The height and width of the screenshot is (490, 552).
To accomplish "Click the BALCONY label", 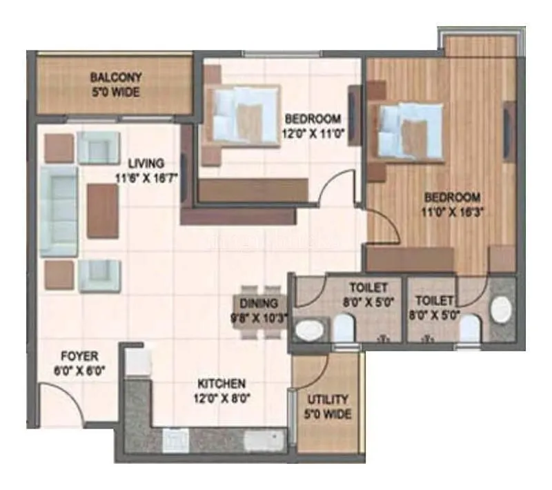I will click(x=115, y=78).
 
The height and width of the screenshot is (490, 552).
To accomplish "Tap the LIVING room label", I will click(x=146, y=164).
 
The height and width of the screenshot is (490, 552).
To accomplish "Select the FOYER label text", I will click(x=79, y=356).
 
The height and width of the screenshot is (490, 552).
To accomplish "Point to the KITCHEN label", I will click(x=221, y=383).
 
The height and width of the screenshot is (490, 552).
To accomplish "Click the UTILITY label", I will click(x=328, y=400).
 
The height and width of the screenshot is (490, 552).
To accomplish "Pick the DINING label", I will click(x=259, y=303).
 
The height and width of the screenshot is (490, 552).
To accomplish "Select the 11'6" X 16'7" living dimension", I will click(x=147, y=177).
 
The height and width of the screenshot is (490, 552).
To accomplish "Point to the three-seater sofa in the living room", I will click(x=59, y=210).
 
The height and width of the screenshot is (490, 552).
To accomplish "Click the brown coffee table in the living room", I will click(x=103, y=210).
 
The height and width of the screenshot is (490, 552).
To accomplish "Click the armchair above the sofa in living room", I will click(x=99, y=146).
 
